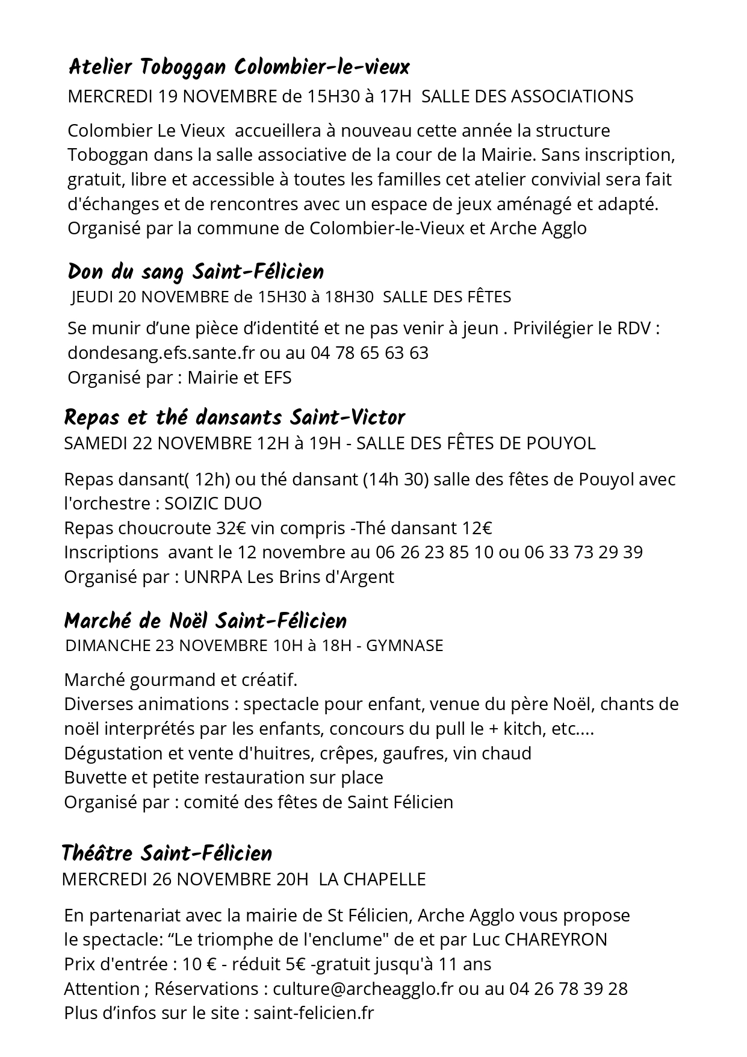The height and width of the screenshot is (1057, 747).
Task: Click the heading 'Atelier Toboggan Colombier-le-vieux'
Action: [239, 67]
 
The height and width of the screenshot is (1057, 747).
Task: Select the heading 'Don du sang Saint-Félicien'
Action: [196, 272]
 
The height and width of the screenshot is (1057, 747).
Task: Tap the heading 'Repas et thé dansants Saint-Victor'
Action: [234, 417]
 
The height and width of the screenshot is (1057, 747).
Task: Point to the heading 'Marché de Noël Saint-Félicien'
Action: [205, 621]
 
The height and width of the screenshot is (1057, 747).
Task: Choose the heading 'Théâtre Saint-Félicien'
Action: [167, 853]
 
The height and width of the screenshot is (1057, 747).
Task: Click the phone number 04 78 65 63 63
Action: [370, 353]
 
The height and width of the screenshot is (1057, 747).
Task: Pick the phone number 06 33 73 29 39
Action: [583, 552]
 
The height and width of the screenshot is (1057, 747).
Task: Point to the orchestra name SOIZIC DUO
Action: [213, 504]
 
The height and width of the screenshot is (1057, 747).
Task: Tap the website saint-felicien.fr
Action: [314, 1013]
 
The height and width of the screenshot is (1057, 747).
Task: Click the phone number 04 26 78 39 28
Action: [568, 989]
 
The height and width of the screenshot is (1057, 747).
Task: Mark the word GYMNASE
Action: [404, 646]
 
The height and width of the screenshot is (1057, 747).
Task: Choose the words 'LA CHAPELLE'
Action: [372, 879]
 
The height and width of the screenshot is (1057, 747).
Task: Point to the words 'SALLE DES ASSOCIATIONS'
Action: [527, 96]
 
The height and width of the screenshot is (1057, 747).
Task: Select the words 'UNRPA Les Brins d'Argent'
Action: [289, 577]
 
